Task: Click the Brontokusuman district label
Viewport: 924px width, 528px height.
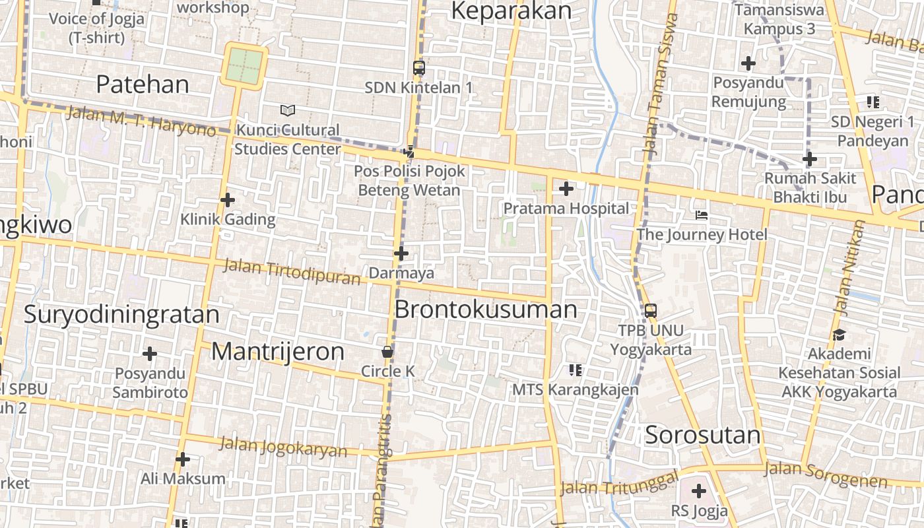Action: tap(485, 310)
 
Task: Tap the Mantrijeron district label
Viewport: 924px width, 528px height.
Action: tap(277, 352)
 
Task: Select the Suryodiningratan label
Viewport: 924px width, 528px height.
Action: tap(121, 315)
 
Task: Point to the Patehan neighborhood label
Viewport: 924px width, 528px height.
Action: tap(143, 84)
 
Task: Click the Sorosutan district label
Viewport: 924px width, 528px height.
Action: tap(702, 436)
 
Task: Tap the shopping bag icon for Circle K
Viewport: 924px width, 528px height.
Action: tap(387, 352)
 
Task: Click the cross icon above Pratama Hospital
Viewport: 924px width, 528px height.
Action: tap(566, 189)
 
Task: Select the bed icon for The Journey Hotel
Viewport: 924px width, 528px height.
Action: tap(702, 215)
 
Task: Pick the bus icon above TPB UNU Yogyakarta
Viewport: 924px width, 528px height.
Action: tap(651, 310)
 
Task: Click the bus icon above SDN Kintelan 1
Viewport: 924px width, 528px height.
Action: tap(418, 67)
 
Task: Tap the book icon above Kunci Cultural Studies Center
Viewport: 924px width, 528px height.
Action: tap(287, 110)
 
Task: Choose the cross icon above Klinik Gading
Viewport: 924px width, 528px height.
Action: tap(228, 200)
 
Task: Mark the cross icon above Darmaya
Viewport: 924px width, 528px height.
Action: tap(401, 253)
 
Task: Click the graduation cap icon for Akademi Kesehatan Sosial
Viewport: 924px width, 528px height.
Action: tap(839, 335)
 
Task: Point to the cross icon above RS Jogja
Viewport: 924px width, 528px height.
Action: tap(698, 491)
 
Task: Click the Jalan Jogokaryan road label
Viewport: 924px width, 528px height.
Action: tap(283, 447)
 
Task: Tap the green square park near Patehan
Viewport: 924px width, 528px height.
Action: tap(244, 65)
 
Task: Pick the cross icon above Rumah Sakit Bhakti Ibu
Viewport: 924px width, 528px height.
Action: tap(810, 159)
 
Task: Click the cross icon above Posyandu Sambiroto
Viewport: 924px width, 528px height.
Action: tap(150, 354)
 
